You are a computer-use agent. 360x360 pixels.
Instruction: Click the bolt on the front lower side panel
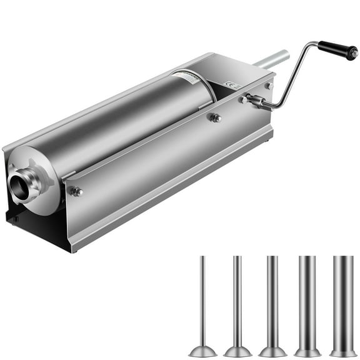coord(76,191)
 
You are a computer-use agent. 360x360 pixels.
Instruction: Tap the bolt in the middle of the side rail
coord(215,117)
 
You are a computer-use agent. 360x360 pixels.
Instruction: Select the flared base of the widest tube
coord(342,352)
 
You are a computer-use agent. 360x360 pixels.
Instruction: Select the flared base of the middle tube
coord(272,351)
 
